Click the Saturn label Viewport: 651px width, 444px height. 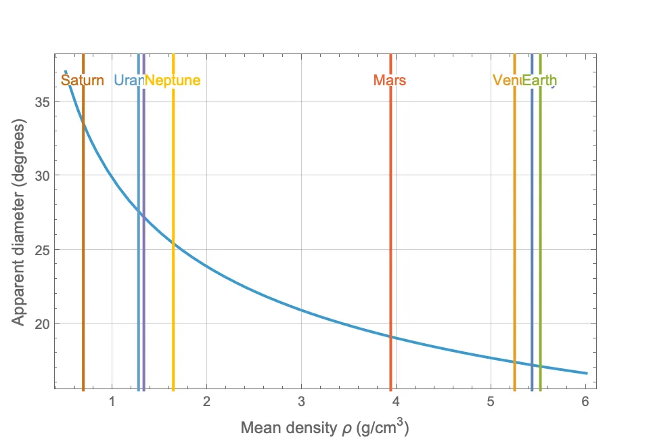click(x=83, y=81)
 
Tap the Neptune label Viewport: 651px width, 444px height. click(x=173, y=81)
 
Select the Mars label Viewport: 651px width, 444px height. click(x=390, y=81)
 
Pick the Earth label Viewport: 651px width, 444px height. click(x=540, y=81)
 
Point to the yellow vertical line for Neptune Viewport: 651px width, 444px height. click(x=173, y=305)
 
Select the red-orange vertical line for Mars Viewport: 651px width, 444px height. click(x=390, y=203)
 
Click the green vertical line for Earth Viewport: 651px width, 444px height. click(x=540, y=237)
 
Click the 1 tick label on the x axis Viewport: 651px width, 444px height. click(x=112, y=402)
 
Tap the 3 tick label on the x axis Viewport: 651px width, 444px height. click(x=301, y=402)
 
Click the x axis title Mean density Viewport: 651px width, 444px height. click(x=325, y=427)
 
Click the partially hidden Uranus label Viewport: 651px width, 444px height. click(x=128, y=81)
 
